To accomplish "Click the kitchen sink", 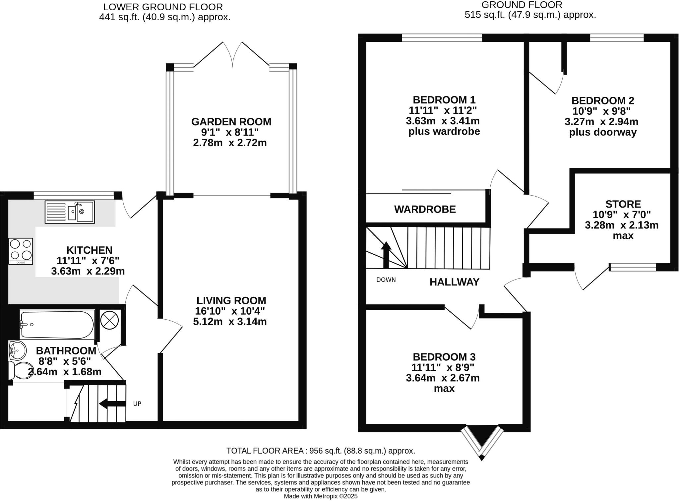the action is [70, 212].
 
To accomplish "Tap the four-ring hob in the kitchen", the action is [21, 251].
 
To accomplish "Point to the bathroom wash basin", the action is [17, 350].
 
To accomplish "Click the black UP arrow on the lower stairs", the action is [112, 404].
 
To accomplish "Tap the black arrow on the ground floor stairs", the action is [386, 255].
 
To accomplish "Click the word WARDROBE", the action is [425, 209].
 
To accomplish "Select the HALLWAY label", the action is [454, 282].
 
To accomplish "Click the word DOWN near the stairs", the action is [386, 280].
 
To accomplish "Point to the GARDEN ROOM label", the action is [231, 122].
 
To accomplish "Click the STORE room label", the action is [623, 204].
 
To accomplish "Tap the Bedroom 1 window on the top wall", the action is [442, 38].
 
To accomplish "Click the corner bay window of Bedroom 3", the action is [482, 443].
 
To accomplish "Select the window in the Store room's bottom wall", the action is [633, 267].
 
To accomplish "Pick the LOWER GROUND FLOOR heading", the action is [163, 7].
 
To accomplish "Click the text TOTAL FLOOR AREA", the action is [265, 451].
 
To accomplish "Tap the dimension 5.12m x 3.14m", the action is [230, 321].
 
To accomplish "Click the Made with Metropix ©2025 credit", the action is [321, 496].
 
